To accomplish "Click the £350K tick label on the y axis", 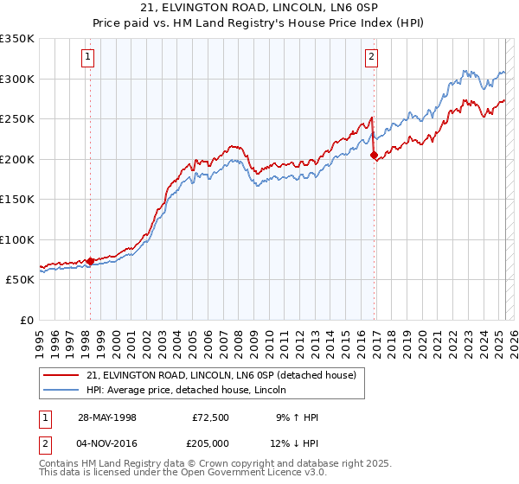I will point(17,39).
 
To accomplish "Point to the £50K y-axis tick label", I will point(20,280).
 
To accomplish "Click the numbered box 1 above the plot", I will point(89,57).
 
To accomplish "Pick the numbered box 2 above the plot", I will point(371,57).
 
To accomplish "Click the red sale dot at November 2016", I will point(374,156).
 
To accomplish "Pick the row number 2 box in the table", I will point(44,444).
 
